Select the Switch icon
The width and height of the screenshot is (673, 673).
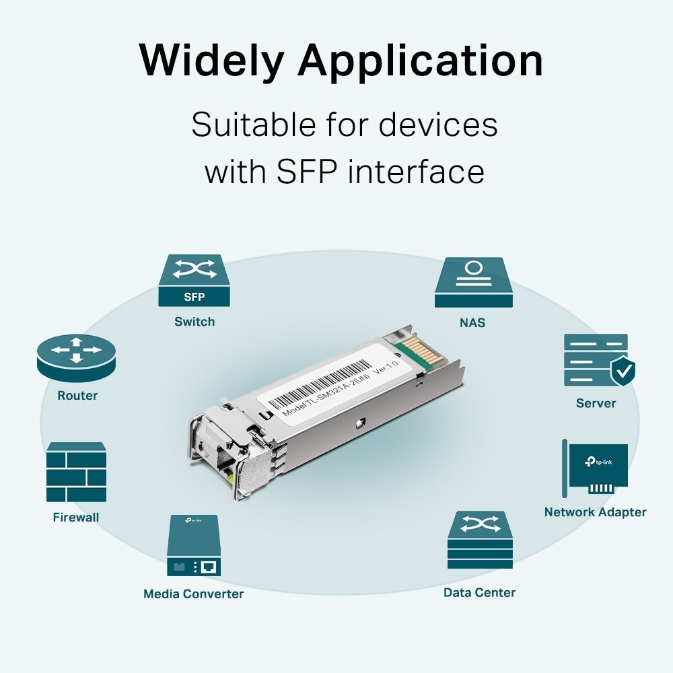click(x=194, y=281)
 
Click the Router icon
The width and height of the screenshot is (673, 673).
click(x=76, y=357)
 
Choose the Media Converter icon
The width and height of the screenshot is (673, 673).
click(x=193, y=545)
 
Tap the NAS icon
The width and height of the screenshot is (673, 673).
click(x=474, y=282)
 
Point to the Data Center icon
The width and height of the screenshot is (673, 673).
click(x=480, y=540)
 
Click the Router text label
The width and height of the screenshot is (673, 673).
click(x=77, y=396)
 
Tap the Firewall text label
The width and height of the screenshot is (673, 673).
click(x=76, y=518)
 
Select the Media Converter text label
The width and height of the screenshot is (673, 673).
click(x=193, y=594)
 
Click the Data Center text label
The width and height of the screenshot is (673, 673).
click(x=479, y=592)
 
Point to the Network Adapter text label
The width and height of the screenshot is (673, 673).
click(x=595, y=512)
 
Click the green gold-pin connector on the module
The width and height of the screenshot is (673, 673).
click(x=415, y=354)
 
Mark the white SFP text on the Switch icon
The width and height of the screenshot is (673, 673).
click(x=194, y=297)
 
